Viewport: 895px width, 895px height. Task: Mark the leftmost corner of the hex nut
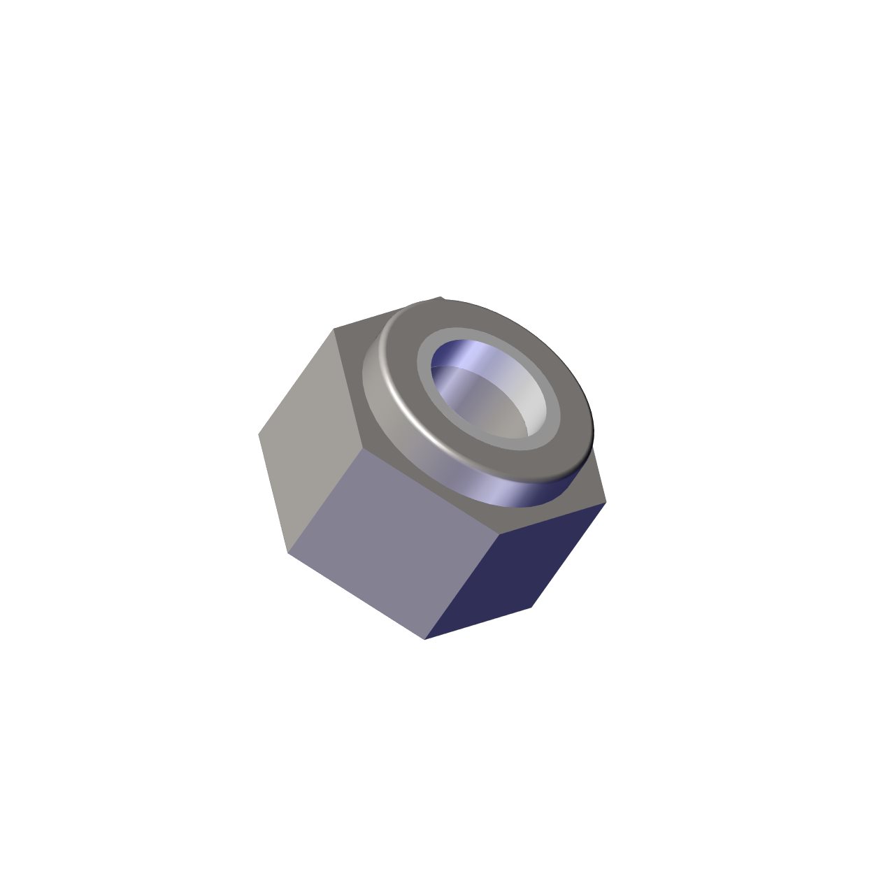(259, 434)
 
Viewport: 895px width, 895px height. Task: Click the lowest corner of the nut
(424, 639)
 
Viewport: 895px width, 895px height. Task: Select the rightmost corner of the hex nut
(606, 501)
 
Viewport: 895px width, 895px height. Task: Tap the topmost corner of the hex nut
(441, 297)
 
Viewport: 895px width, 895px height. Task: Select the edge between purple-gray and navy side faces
(461, 587)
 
